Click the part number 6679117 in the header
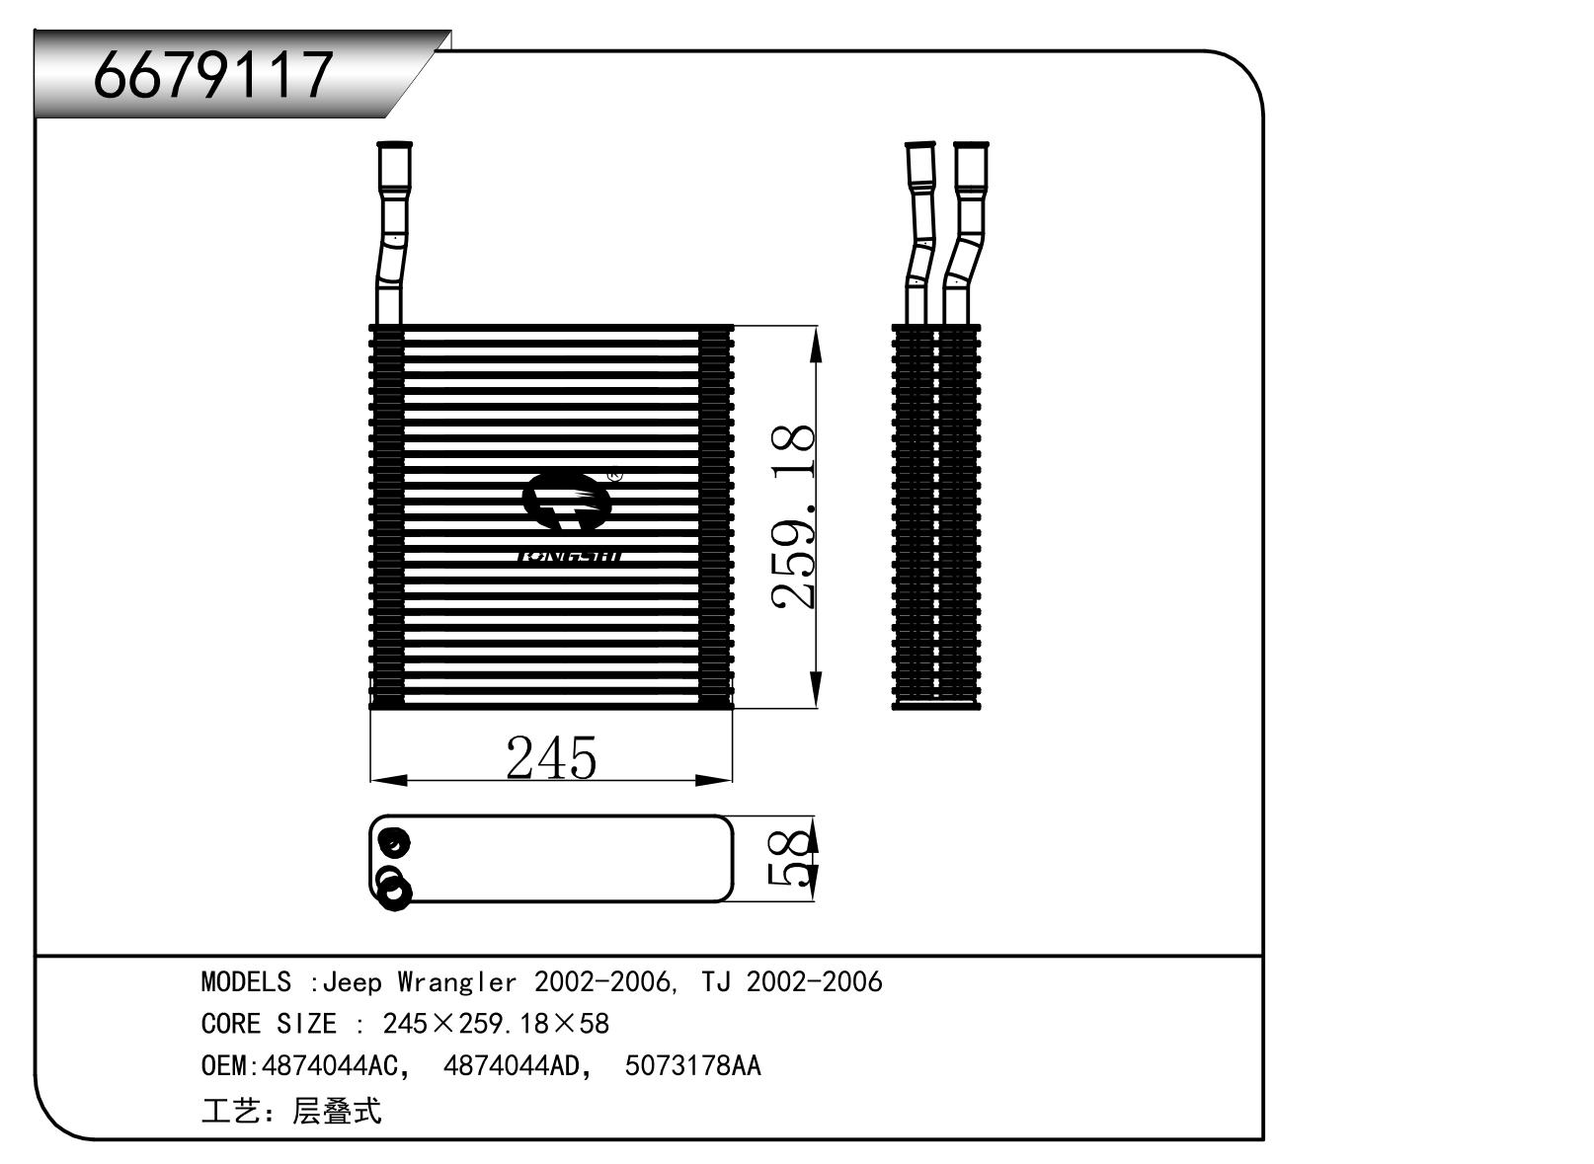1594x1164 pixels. click(213, 74)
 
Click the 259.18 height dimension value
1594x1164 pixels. click(796, 516)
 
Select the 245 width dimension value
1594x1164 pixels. click(551, 758)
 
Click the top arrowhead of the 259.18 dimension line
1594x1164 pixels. click(816, 346)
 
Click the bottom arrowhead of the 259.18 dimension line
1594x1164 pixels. click(816, 688)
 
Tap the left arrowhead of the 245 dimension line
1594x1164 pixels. click(388, 781)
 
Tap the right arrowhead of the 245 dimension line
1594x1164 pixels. click(714, 781)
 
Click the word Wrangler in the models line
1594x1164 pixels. click(456, 982)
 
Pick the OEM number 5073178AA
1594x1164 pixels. click(692, 1067)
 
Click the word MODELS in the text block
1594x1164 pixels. click(246, 982)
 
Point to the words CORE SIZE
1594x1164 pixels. click(268, 1025)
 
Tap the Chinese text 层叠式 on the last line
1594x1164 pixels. click(337, 1112)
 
